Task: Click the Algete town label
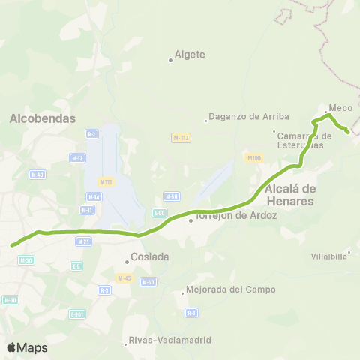pos(189,55)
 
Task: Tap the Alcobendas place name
pos(43,118)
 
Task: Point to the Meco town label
pos(340,108)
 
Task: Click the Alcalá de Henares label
pos(289,195)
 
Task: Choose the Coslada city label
pos(149,256)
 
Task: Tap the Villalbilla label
pos(328,256)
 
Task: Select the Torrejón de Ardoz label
pos(235,216)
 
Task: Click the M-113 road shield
pos(181,138)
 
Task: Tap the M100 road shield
pos(253,157)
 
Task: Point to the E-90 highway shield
pos(159,213)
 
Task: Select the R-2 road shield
pos(91,134)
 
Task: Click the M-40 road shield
pos(37,174)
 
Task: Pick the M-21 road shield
pos(85,241)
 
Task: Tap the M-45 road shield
pos(124,277)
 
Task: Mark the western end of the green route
pos(12,244)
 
